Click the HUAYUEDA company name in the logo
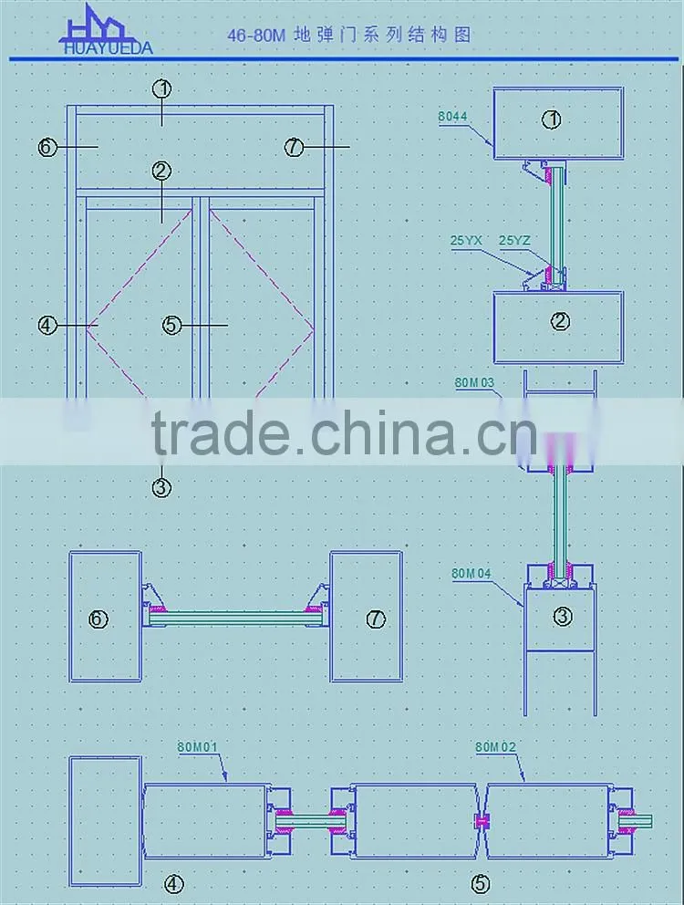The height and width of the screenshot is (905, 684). (x=108, y=48)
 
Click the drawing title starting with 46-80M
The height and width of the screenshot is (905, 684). (x=349, y=36)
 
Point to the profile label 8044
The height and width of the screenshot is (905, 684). (x=452, y=117)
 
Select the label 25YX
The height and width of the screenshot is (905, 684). (x=466, y=240)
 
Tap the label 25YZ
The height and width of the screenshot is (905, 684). (x=514, y=240)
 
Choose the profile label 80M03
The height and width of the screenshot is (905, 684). (x=474, y=382)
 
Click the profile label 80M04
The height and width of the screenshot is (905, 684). (x=471, y=573)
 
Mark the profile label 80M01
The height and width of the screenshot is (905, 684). (x=197, y=746)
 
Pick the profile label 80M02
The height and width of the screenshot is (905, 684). (x=495, y=746)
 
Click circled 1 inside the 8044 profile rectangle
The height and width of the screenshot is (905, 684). (x=552, y=120)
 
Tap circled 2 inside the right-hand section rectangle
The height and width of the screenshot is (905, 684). (x=560, y=321)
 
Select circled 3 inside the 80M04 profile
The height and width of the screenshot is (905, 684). (x=563, y=617)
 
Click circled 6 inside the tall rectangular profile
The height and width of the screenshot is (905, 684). (x=98, y=619)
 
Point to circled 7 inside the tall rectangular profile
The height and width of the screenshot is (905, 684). (x=376, y=619)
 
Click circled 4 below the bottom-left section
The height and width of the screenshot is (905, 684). (x=174, y=884)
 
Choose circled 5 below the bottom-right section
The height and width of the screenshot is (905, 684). (x=481, y=884)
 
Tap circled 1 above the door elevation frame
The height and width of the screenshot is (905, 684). (x=162, y=88)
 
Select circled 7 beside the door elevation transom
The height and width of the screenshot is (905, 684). (x=294, y=147)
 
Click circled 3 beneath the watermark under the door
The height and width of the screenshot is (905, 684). (x=161, y=488)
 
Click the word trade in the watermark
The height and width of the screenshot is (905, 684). (x=220, y=432)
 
